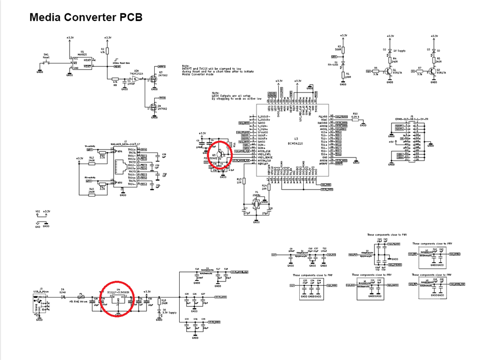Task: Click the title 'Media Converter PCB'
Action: pyautogui.click(x=86, y=17)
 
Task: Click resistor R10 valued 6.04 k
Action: pyautogui.click(x=355, y=117)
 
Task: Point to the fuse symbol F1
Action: pyautogui.click(x=81, y=296)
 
